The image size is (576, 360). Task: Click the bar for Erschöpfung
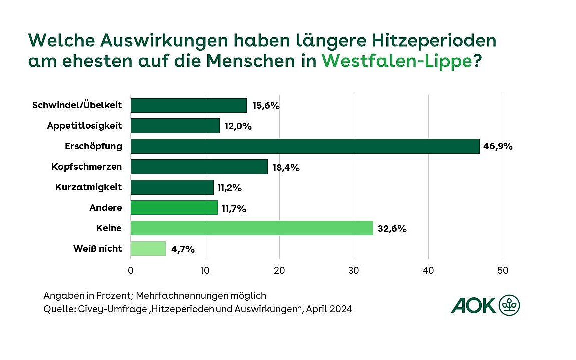(x=305, y=146)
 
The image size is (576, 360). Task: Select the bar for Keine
(x=252, y=228)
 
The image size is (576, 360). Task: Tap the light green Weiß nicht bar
(x=148, y=248)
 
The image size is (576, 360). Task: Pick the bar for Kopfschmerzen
(x=199, y=167)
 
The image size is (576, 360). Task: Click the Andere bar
(x=174, y=208)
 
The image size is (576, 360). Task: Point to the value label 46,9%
(x=498, y=147)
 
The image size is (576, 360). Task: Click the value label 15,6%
(x=265, y=106)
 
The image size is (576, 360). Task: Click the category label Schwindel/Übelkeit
(x=77, y=105)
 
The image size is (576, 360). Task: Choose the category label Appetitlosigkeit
(x=84, y=126)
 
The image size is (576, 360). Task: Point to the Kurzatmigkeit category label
(x=88, y=187)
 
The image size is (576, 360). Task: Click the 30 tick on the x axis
(x=354, y=271)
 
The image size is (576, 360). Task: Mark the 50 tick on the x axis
(x=503, y=271)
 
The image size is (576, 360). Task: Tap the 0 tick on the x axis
(x=131, y=271)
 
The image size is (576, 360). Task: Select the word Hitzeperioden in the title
(x=418, y=39)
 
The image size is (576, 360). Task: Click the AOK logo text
(x=473, y=305)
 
